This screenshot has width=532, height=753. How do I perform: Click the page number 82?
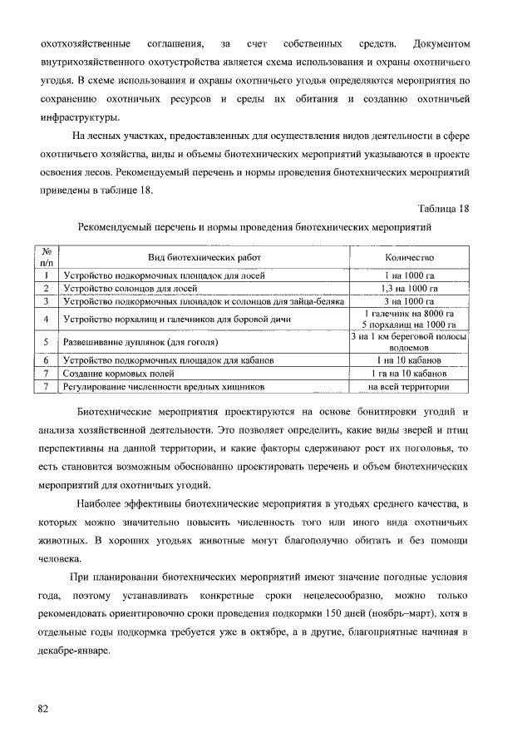pos(42,709)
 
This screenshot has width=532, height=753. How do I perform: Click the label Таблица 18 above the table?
pos(446,208)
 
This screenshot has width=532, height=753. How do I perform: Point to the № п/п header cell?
pos(47,258)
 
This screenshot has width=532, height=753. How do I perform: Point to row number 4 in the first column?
pos(47,320)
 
